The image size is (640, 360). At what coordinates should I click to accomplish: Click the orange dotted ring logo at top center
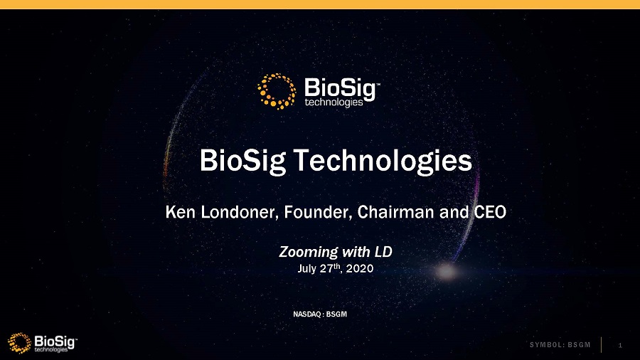pyautogui.click(x=277, y=92)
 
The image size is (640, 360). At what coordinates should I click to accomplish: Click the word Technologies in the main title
pyautogui.click(x=383, y=162)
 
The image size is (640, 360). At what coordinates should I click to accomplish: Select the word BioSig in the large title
pyautogui.click(x=242, y=162)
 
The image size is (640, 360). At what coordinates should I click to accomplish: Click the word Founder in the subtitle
pyautogui.click(x=318, y=212)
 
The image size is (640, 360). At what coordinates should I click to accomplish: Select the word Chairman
pyautogui.click(x=395, y=212)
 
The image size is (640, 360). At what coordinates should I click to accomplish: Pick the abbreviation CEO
pyautogui.click(x=490, y=212)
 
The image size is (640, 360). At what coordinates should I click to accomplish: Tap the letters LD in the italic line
pyautogui.click(x=383, y=251)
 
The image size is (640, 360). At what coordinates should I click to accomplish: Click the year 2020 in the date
pyautogui.click(x=360, y=268)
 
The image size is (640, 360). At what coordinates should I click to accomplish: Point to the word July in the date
pyautogui.click(x=306, y=268)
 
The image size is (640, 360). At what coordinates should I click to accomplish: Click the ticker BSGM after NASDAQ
pyautogui.click(x=337, y=314)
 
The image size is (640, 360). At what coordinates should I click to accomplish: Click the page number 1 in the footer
pyautogui.click(x=620, y=345)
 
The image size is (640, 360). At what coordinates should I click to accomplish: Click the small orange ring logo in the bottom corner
pyautogui.click(x=19, y=342)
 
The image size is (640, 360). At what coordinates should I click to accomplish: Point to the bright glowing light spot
pyautogui.click(x=446, y=270)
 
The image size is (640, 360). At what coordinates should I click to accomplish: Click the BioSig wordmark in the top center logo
pyautogui.click(x=340, y=89)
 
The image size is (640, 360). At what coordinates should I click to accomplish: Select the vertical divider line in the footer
pyautogui.click(x=601, y=345)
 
